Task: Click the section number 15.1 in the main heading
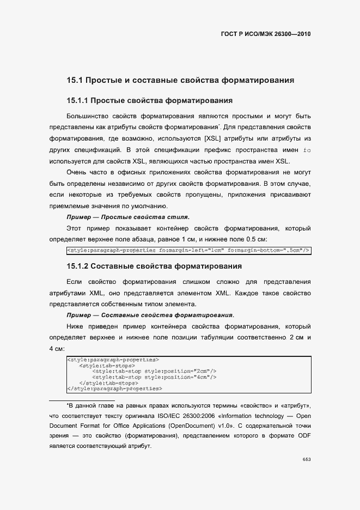(x=74, y=81)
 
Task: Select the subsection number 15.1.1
(x=77, y=101)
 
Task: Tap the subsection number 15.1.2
(x=77, y=266)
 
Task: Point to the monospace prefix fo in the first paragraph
(x=307, y=150)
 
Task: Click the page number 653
(x=307, y=460)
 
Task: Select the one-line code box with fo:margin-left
(x=188, y=251)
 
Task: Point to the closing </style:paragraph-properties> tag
(x=114, y=389)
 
